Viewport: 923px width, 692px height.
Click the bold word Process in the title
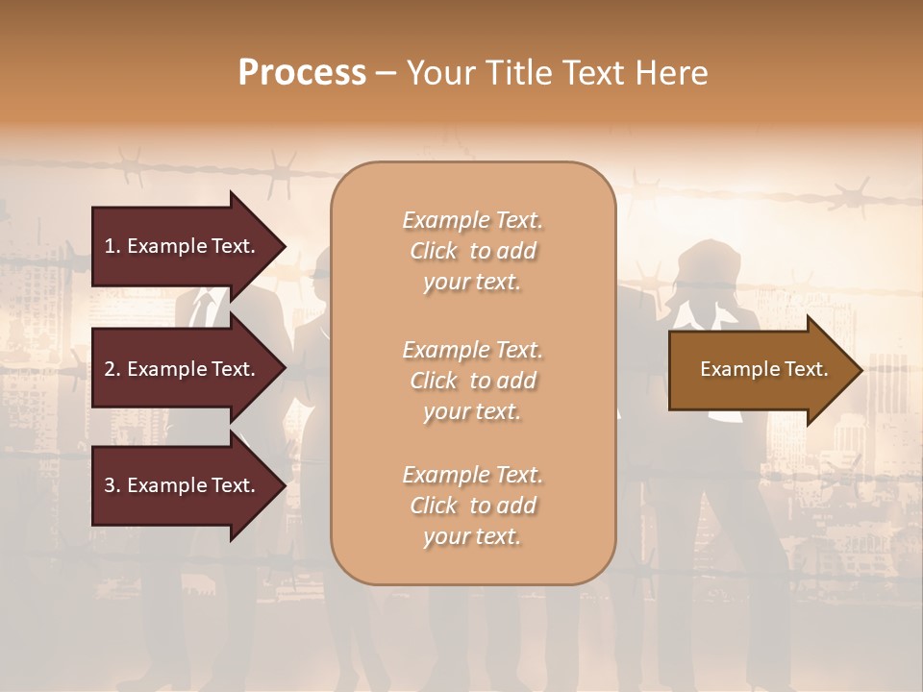[302, 73]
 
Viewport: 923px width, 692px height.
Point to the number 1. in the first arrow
[112, 246]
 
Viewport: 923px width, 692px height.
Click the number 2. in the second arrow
[112, 369]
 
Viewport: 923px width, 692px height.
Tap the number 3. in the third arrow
[112, 485]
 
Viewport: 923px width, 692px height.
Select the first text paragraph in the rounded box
[472, 251]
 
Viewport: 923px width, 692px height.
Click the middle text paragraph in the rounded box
[472, 381]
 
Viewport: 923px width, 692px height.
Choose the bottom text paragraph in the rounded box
[472, 506]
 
